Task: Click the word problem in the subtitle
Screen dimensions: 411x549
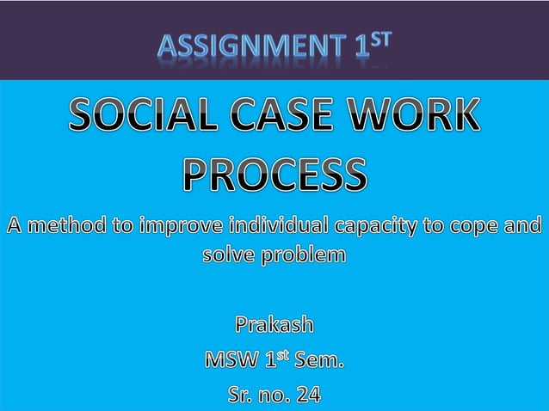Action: click(x=304, y=255)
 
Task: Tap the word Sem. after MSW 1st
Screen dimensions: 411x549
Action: click(x=318, y=360)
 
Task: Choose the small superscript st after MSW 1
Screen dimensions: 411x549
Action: click(x=280, y=354)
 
